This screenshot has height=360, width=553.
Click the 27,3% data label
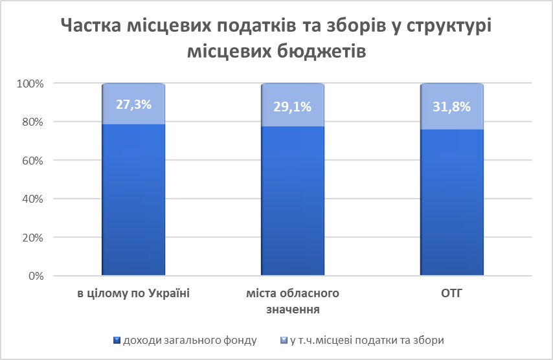pos(133,104)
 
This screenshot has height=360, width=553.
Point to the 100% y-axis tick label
pos(30,84)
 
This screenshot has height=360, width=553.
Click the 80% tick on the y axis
pos(32,122)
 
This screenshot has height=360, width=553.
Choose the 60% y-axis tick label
pos(32,160)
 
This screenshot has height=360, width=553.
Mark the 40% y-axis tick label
pos(32,199)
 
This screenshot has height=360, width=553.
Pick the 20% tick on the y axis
pos(32,238)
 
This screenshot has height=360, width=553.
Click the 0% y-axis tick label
pos(35,276)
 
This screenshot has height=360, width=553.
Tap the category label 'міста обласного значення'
pos(293,301)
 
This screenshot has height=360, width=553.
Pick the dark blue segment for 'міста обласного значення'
pos(293,201)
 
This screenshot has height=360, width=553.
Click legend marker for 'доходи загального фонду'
pos(116,340)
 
